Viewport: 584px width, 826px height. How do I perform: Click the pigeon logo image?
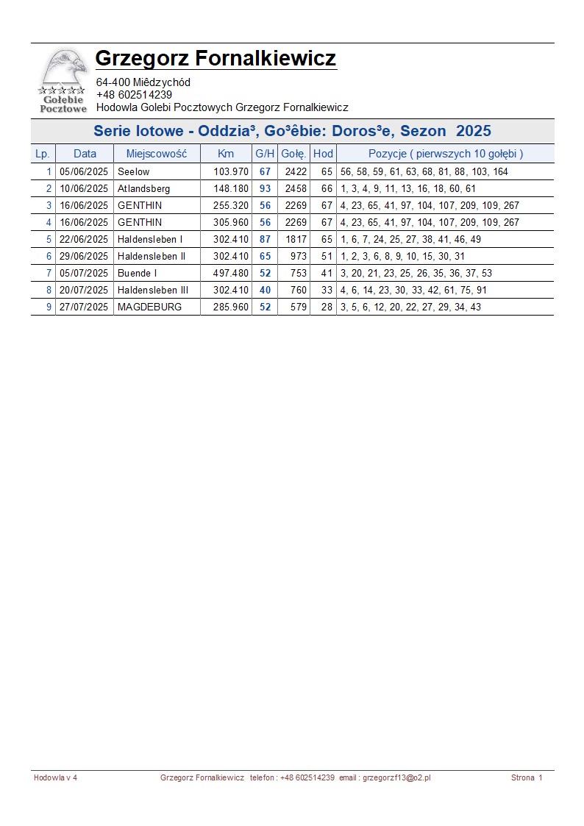[63, 79]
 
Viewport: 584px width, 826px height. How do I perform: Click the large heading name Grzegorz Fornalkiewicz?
[216, 58]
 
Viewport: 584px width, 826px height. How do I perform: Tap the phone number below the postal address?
[134, 95]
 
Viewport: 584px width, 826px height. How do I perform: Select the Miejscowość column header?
[157, 154]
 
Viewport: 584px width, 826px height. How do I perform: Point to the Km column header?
[226, 154]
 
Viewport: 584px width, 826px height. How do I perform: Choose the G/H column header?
[265, 154]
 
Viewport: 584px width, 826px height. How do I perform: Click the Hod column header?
[323, 154]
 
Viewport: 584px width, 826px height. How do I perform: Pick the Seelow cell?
[133, 171]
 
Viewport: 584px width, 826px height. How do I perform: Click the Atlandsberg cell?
[143, 188]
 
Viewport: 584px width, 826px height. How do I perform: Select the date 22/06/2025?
[84, 239]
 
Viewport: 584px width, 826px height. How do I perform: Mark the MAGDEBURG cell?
[149, 307]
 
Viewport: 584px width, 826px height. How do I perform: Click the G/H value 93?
[265, 188]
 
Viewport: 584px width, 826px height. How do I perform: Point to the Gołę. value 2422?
[296, 171]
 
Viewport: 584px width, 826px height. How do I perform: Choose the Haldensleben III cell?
[153, 290]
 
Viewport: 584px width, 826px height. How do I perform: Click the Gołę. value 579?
[298, 307]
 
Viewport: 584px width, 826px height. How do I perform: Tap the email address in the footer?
[396, 777]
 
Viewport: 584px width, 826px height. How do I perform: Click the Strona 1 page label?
[527, 777]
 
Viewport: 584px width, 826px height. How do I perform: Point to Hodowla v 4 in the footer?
[55, 777]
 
